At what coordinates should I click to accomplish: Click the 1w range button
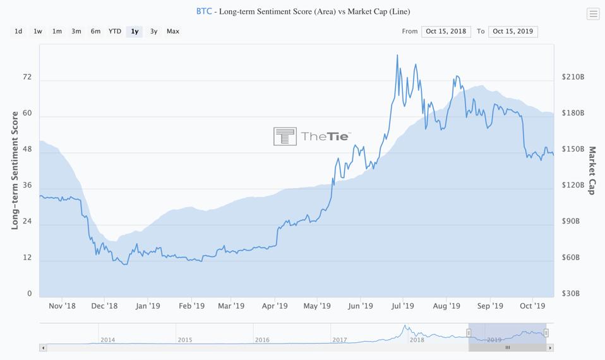[x=38, y=31]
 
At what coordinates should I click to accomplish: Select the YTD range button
[x=114, y=31]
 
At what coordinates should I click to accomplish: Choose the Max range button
[x=172, y=31]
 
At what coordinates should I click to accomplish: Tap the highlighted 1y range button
[x=135, y=31]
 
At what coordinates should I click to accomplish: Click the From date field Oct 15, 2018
[x=446, y=31]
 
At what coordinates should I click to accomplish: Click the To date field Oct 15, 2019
[x=513, y=31]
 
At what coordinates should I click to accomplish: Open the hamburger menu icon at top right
[x=592, y=14]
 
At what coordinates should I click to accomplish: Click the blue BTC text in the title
[x=204, y=11]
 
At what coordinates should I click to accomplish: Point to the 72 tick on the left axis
[x=27, y=77]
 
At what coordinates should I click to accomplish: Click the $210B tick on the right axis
[x=573, y=77]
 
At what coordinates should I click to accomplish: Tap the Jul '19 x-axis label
[x=402, y=306]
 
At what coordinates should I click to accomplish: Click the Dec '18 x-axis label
[x=104, y=306]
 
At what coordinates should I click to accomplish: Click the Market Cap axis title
[x=592, y=171]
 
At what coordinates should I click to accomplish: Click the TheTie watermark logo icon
[x=285, y=136]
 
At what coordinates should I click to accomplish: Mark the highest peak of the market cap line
[x=397, y=55]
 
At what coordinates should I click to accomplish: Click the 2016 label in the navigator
[x=262, y=340]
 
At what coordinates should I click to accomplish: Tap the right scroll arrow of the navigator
[x=550, y=347]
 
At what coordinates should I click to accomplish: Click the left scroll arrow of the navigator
[x=43, y=347]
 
